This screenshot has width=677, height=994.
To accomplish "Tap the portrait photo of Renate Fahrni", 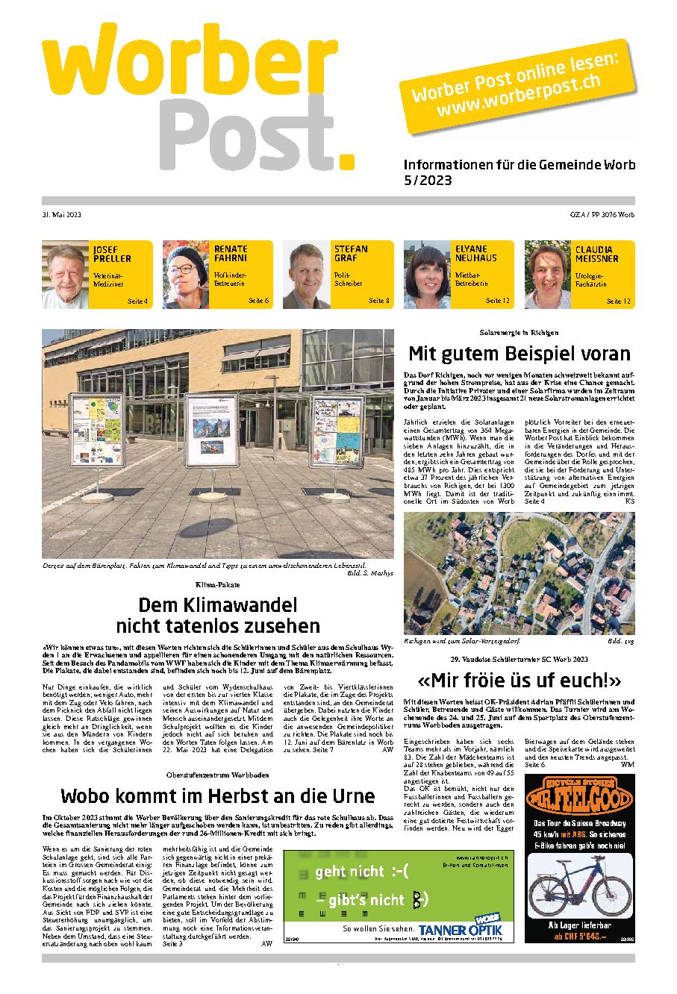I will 187,275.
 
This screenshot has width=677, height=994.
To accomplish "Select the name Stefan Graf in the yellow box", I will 351,254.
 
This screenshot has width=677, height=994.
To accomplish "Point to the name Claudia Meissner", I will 596,254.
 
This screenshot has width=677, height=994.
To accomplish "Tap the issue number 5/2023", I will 427,181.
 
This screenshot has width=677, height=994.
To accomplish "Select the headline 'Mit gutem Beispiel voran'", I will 519,353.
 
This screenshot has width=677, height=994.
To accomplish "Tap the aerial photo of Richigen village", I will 519,573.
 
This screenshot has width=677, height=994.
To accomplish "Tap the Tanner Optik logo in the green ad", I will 460,930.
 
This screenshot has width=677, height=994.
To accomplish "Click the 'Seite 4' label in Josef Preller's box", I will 137,301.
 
